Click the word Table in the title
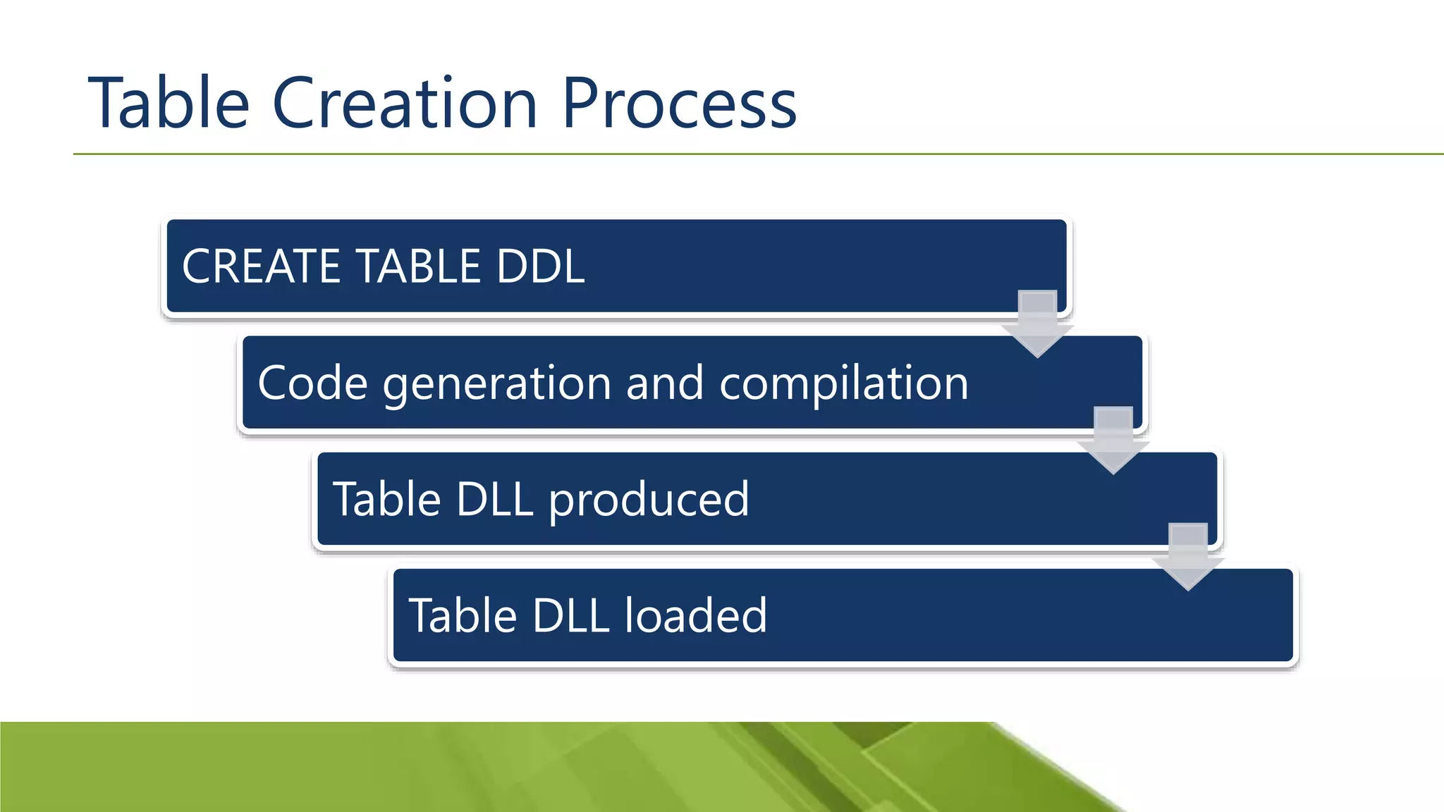pyautogui.click(x=169, y=104)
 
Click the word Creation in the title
pyautogui.click(x=405, y=104)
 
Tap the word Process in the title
pyautogui.click(x=679, y=104)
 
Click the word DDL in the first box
pyautogui.click(x=540, y=266)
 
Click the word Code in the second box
pyautogui.click(x=312, y=383)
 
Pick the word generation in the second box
pyautogui.click(x=497, y=385)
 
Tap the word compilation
pyautogui.click(x=843, y=385)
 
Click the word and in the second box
pyautogui.click(x=664, y=383)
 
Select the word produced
pyautogui.click(x=649, y=500)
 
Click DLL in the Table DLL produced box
pyautogui.click(x=494, y=500)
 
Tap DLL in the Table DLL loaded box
pyautogui.click(x=570, y=616)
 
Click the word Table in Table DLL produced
pyautogui.click(x=387, y=500)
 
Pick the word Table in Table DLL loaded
pyautogui.click(x=463, y=616)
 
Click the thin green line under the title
pyautogui.click(x=705, y=154)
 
